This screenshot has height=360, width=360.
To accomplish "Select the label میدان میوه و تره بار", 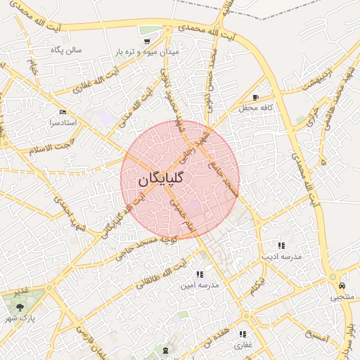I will coord(143,53).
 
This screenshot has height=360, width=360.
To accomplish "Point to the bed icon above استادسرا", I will coord(63,112).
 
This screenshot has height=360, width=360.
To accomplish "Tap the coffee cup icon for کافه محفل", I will coord(255,97).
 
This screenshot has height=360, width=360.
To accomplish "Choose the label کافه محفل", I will coord(256,108).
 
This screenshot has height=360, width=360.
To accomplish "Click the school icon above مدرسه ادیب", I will coord(281,245).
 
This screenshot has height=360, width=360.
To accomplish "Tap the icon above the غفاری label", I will coord(243,334).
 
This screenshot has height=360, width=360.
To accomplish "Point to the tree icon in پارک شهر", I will coord(20,307).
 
